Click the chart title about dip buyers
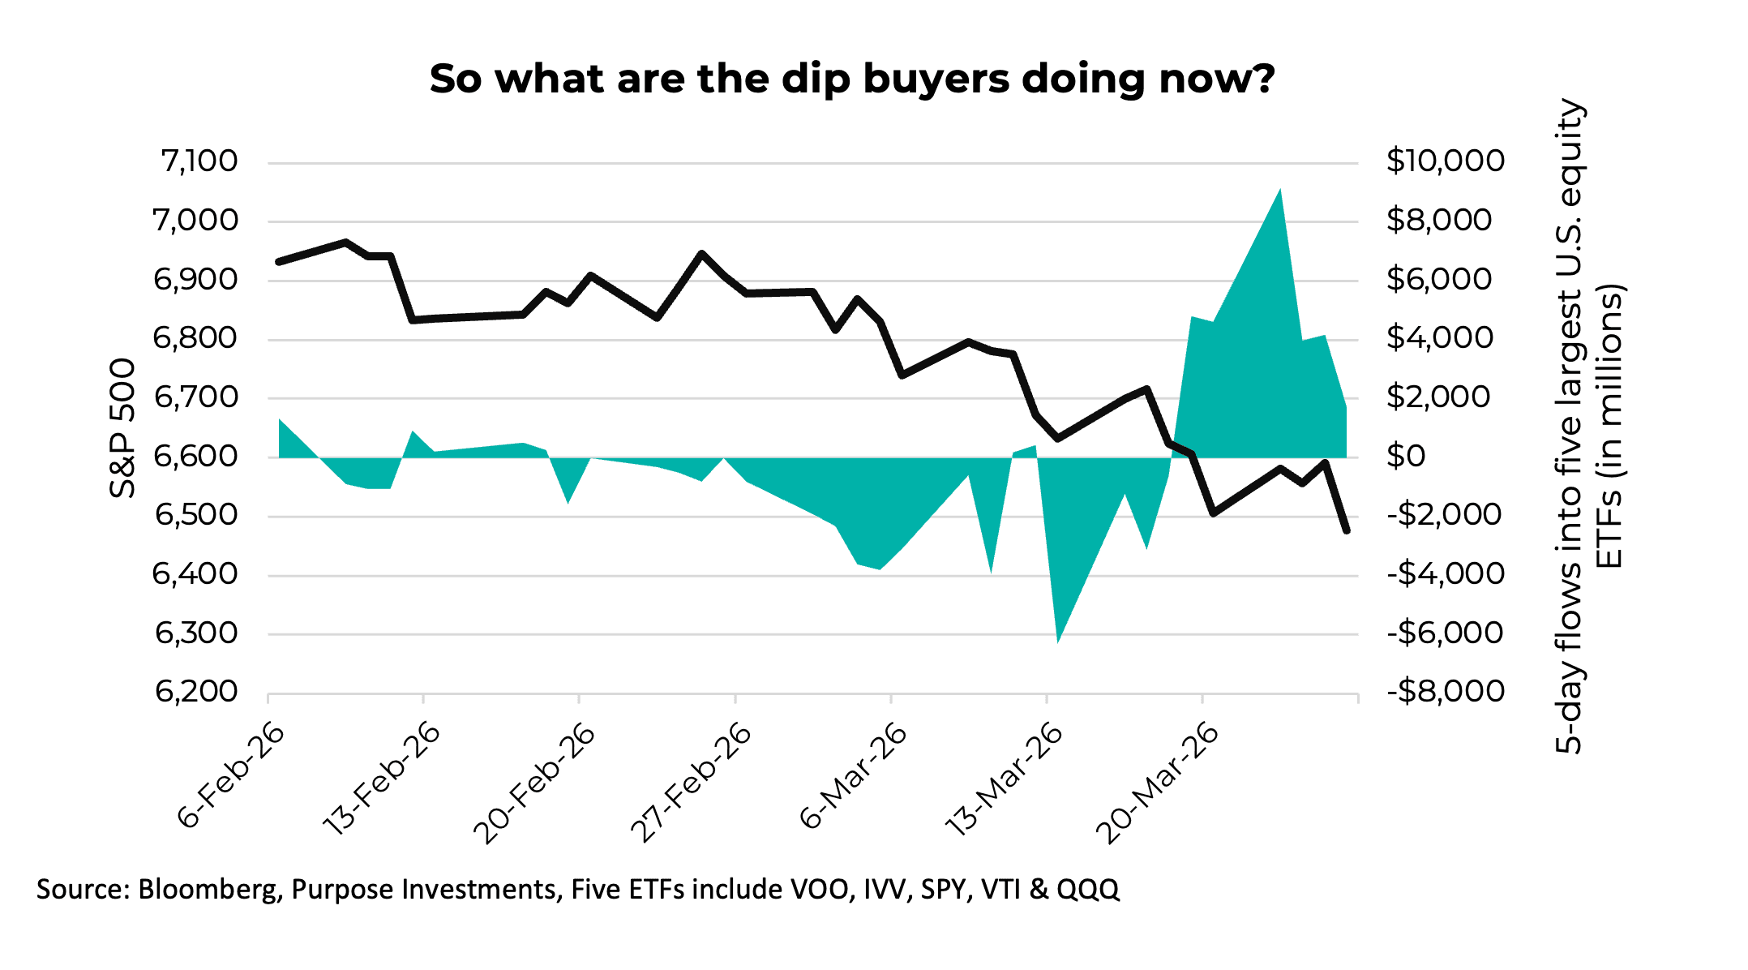pos(851,79)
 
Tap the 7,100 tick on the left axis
pos(199,161)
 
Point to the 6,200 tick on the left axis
pos(197,692)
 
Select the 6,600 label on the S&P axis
pos(196,456)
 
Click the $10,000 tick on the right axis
pos(1445,161)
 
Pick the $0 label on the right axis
pos(1405,456)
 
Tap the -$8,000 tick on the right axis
pos(1445,692)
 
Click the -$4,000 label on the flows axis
pos(1445,574)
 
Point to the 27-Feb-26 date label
pos(691,783)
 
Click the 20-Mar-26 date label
pos(1157,783)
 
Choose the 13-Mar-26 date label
pos(1003,780)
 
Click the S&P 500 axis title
pos(122,427)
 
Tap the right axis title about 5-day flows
pos(1589,426)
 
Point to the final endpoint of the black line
pos(1347,531)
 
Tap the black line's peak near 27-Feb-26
pos(701,254)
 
